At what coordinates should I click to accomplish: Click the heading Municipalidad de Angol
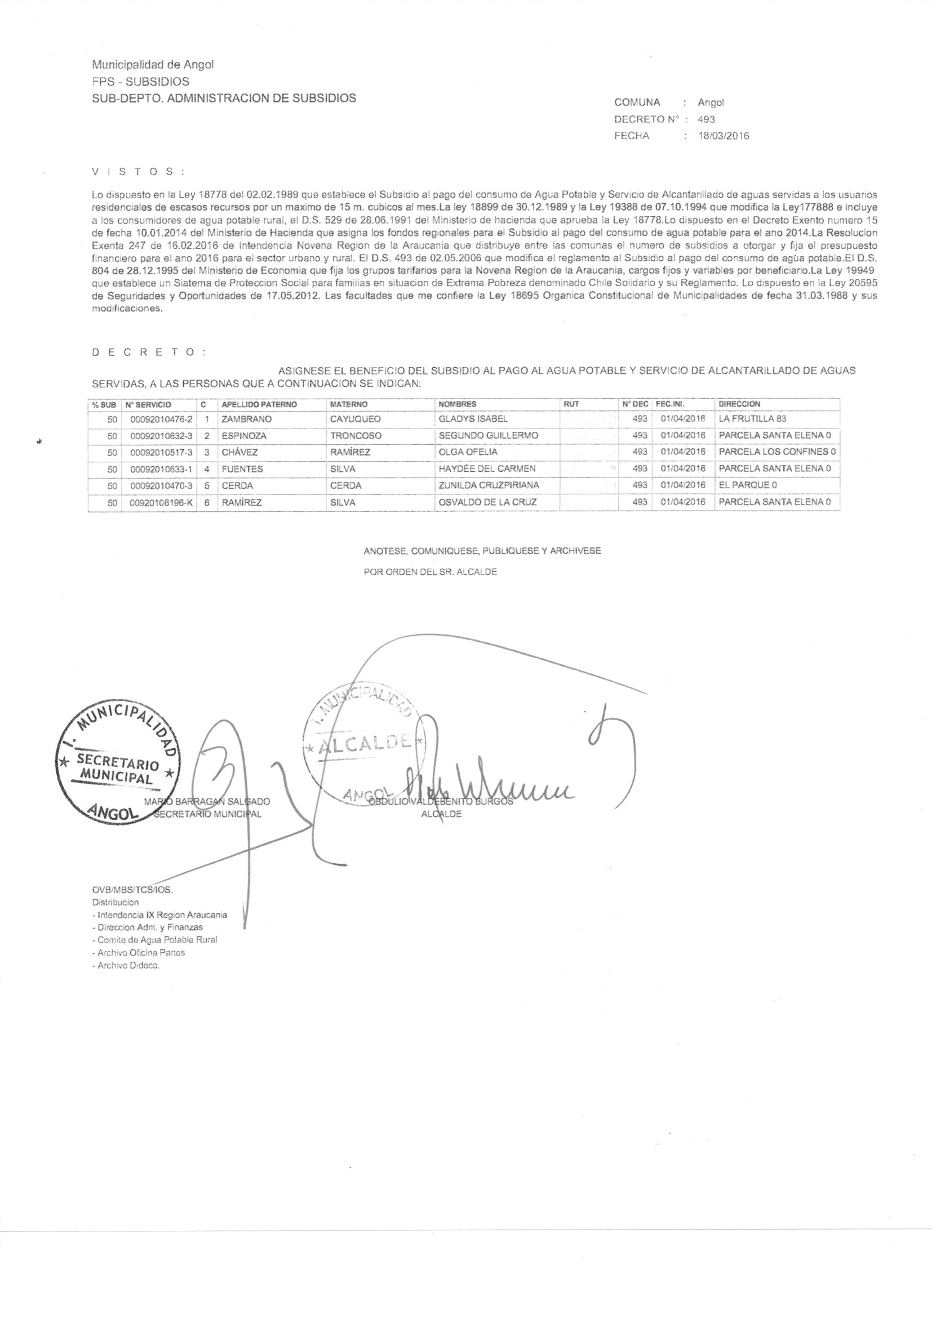tap(153, 65)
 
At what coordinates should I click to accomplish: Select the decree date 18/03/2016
tap(723, 136)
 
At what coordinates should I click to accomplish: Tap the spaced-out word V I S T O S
tap(137, 172)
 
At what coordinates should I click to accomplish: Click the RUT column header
tap(571, 404)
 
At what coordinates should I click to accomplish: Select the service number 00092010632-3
tap(161, 436)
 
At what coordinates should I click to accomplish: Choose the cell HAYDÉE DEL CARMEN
tap(487, 468)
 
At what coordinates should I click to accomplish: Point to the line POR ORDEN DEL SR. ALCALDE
tap(431, 572)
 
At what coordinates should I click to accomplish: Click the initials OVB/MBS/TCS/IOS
tap(128, 890)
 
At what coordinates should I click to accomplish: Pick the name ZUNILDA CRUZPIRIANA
tap(489, 485)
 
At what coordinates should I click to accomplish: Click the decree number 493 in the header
tap(706, 120)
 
